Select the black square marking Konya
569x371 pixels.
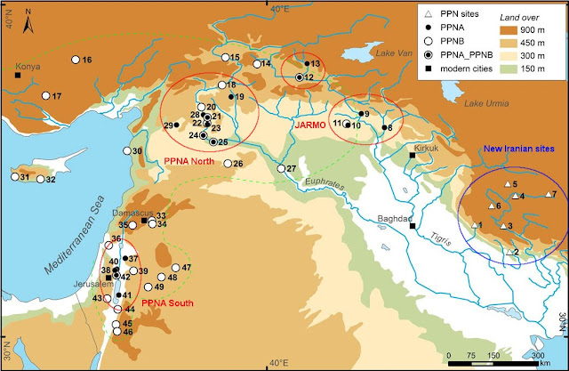[x=19, y=75]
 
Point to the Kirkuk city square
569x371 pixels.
[x=412, y=156]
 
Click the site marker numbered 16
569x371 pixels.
[x=74, y=60]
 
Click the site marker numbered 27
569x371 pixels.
[x=280, y=168]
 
